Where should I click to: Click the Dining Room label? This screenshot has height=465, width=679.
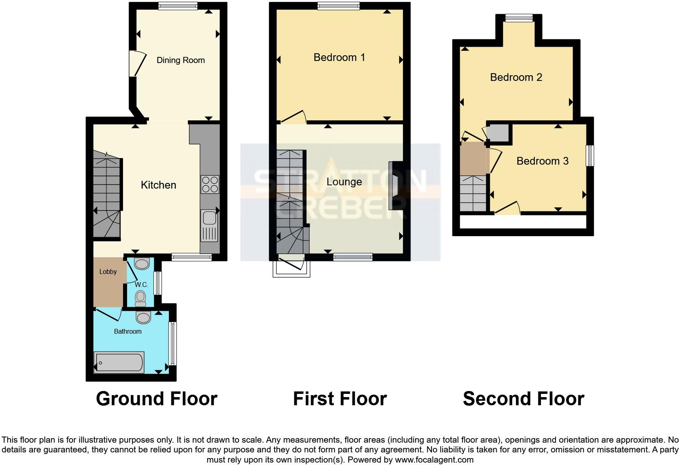tap(181, 60)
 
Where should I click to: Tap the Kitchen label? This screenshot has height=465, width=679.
tap(158, 185)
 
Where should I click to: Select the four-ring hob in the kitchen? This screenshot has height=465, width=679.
tap(210, 184)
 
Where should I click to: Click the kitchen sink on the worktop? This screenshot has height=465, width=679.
tap(210, 218)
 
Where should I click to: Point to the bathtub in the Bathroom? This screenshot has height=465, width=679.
tap(119, 362)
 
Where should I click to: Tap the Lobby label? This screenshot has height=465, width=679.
tap(108, 272)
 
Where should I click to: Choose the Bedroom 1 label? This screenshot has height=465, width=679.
tap(339, 57)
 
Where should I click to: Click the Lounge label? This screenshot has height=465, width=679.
tap(344, 182)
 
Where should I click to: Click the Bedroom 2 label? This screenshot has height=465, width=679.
tap(516, 77)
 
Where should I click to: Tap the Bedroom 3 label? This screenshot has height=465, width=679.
tap(542, 161)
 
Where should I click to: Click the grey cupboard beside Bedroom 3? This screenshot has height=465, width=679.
tap(498, 132)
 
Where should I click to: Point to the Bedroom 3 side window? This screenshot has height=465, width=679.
tap(590, 156)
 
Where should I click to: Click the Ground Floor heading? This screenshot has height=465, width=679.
tap(156, 399)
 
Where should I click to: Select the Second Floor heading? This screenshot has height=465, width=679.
tap(523, 399)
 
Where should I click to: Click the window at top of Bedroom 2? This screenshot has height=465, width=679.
tap(519, 17)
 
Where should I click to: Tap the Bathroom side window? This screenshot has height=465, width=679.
tap(173, 343)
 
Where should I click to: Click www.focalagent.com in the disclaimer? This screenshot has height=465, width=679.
tap(434, 460)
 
